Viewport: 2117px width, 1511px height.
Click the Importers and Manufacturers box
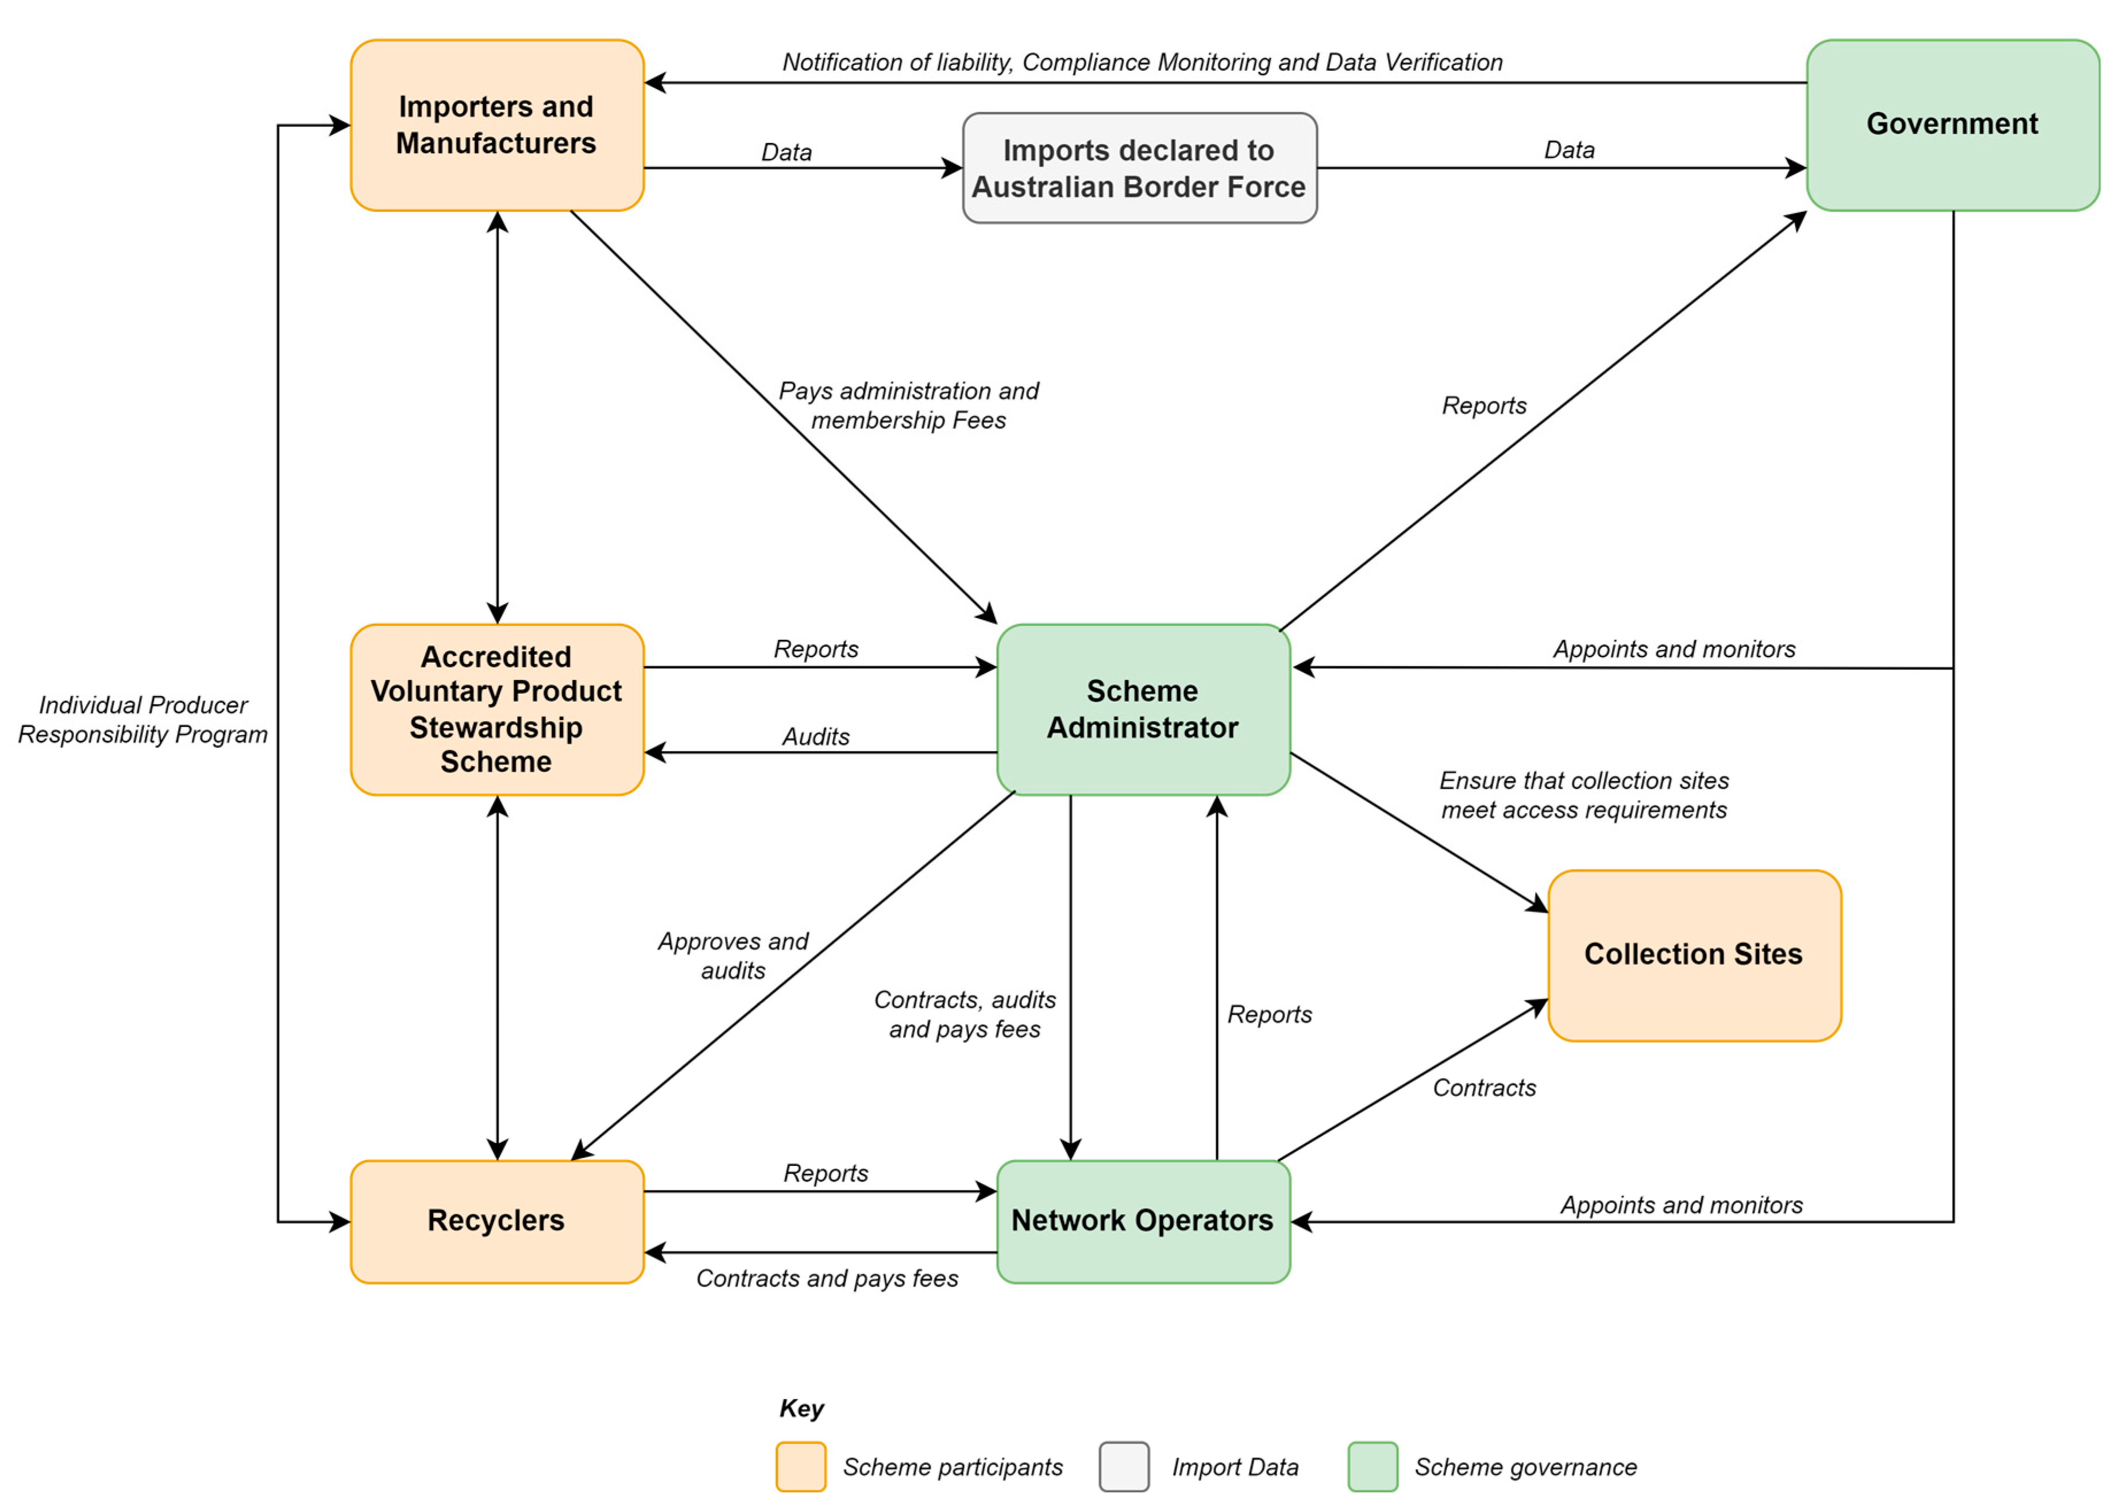(x=497, y=125)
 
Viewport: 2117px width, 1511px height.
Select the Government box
(x=1952, y=125)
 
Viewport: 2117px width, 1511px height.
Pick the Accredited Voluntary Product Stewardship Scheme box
(x=497, y=709)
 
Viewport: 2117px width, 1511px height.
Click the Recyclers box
(x=497, y=1221)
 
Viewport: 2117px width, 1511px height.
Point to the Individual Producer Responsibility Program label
(x=142, y=719)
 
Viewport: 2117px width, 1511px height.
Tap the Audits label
(x=815, y=737)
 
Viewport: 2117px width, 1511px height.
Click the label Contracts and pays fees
(x=826, y=1278)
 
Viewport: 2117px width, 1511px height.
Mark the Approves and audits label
(x=732, y=956)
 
